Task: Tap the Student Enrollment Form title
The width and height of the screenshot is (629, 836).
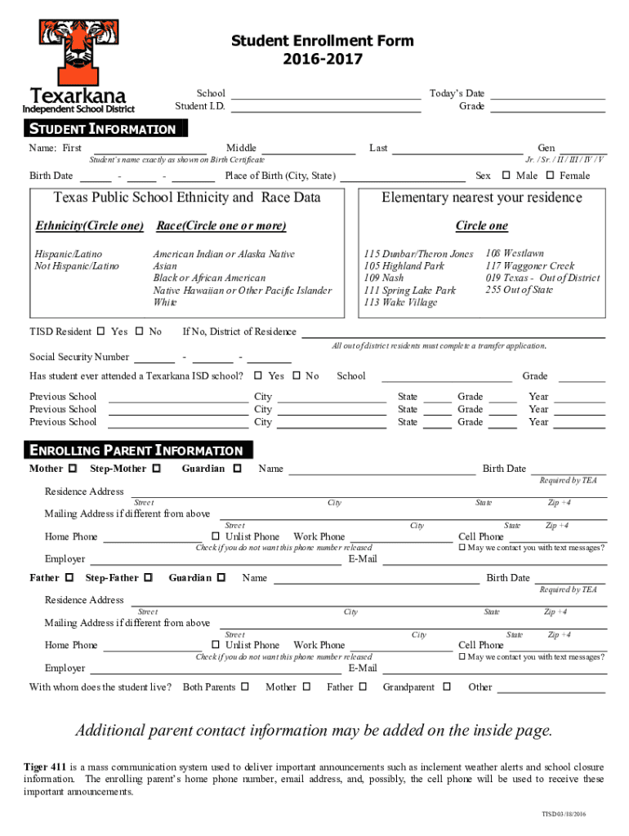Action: (x=322, y=41)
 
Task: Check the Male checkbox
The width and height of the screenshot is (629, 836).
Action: (x=506, y=176)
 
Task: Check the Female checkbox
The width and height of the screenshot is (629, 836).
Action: (x=550, y=176)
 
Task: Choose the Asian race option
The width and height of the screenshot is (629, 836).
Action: (x=165, y=266)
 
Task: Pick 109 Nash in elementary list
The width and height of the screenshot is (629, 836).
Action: (x=383, y=278)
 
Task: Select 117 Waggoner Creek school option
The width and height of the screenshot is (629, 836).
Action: (x=529, y=266)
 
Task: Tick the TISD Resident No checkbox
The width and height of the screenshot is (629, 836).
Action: (x=139, y=331)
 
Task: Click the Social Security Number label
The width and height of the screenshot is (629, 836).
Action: (x=79, y=357)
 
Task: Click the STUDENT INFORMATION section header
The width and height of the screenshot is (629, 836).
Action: (x=103, y=129)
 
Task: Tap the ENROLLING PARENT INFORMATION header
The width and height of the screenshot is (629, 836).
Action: (x=136, y=451)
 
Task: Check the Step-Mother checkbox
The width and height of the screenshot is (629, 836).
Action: (x=158, y=469)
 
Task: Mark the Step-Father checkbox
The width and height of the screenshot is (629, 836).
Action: (x=148, y=578)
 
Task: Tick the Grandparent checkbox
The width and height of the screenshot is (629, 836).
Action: (x=446, y=687)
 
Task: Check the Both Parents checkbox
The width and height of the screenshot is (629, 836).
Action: (x=245, y=687)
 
